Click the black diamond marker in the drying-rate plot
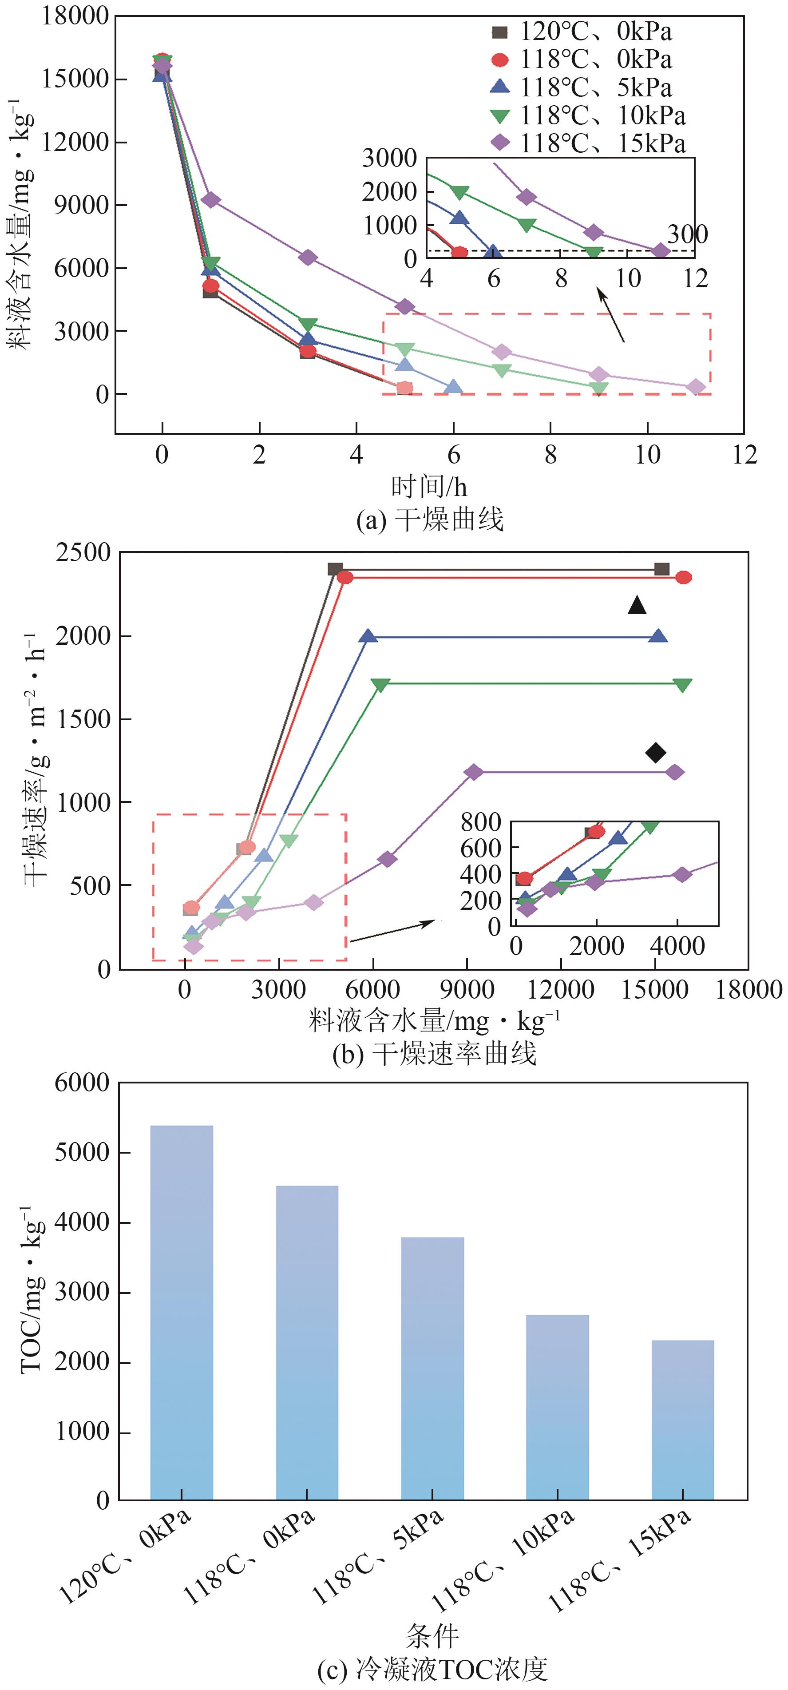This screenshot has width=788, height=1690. click(655, 753)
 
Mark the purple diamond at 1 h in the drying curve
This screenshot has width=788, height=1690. click(210, 199)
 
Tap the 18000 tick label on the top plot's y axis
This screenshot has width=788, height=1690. click(75, 15)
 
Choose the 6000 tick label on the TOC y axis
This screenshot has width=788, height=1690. click(82, 1083)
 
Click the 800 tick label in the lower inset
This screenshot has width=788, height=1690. click(481, 822)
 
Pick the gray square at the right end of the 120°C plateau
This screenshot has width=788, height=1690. click(662, 569)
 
